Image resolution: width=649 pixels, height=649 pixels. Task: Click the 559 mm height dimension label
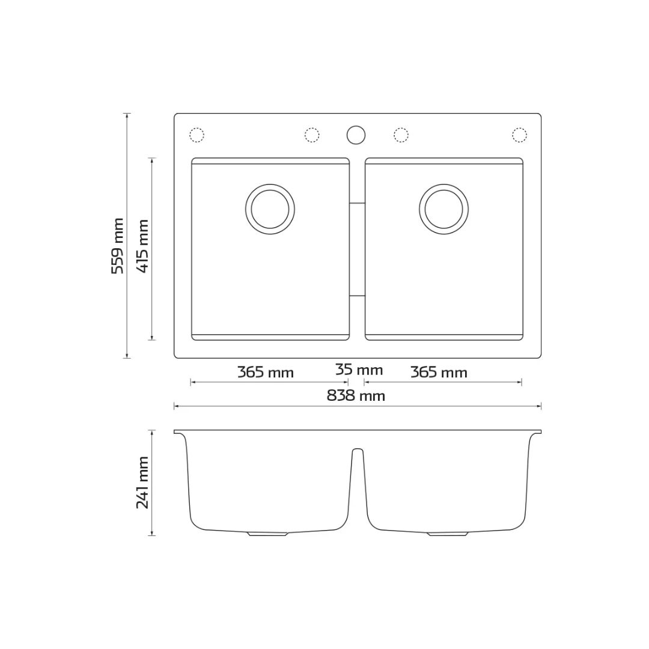pyautogui.click(x=118, y=246)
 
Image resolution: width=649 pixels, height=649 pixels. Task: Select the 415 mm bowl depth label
pyautogui.click(x=143, y=246)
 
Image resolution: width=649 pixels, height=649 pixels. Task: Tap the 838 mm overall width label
pyautogui.click(x=356, y=395)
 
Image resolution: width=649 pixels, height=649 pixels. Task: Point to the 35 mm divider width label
pyautogui.click(x=359, y=369)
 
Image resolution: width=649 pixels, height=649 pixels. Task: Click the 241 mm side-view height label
pyautogui.click(x=142, y=483)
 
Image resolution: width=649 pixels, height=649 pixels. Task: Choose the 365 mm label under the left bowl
pyautogui.click(x=266, y=373)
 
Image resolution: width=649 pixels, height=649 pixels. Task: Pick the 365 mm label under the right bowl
pyautogui.click(x=439, y=373)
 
